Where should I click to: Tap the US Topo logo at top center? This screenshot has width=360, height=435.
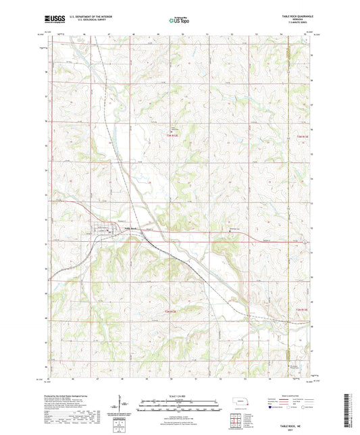179,21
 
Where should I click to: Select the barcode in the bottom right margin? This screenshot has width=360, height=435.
348,409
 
